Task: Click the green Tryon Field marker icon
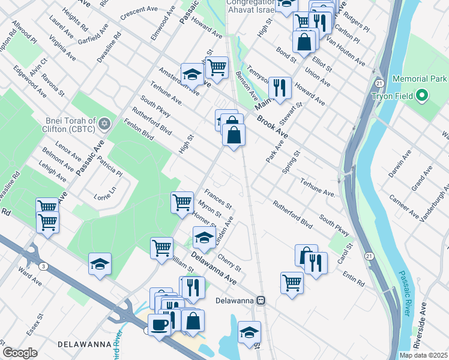422,95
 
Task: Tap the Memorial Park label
420,79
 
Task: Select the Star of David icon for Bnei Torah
104,124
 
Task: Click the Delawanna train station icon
261,299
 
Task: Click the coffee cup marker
159,325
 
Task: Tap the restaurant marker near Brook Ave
280,88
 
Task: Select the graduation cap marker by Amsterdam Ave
192,74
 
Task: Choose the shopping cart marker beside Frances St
181,202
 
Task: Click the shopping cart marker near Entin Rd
292,281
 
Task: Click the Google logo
20,352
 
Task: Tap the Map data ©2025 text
423,355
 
